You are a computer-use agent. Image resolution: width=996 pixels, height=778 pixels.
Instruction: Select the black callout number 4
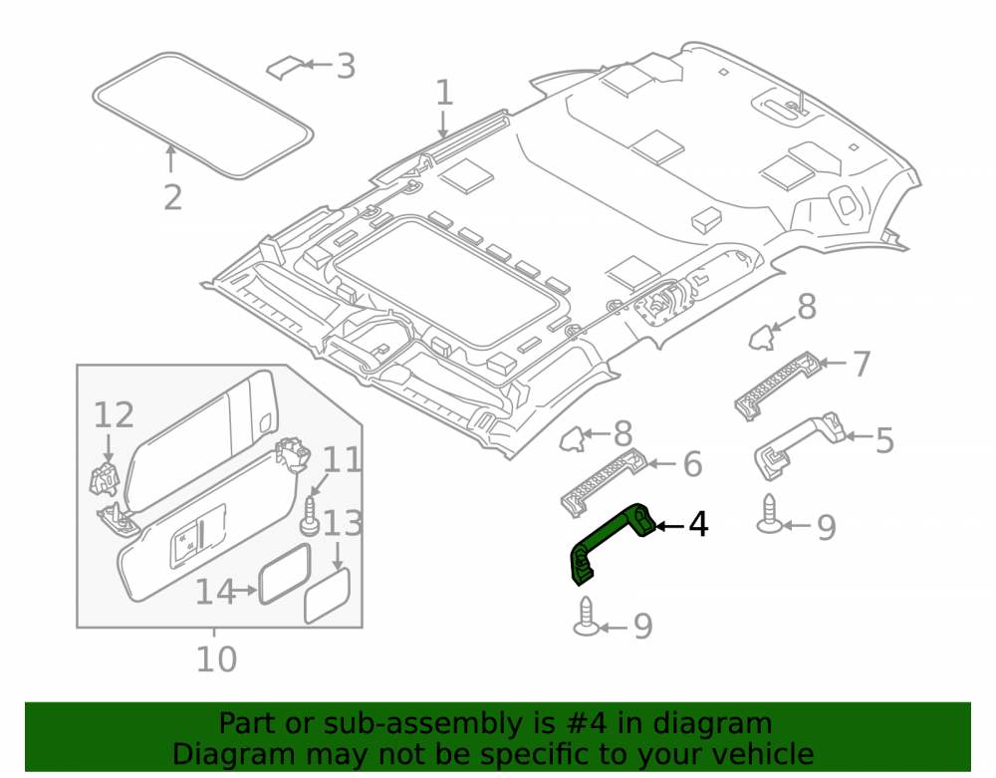point(698,525)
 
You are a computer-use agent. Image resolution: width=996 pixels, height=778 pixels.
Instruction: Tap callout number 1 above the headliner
point(444,93)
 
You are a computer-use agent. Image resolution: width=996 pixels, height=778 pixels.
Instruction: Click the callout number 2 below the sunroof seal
point(172,197)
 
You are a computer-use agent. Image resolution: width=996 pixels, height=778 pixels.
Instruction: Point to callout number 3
point(346,66)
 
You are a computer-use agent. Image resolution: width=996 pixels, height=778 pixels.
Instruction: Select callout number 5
point(884,440)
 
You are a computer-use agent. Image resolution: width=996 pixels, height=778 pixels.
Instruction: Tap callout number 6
point(692,464)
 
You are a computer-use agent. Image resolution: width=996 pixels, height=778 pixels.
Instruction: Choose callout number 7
point(862,364)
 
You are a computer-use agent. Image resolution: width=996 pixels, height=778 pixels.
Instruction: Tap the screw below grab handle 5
point(770,514)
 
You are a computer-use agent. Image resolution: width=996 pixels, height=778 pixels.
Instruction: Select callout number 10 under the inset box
point(216,659)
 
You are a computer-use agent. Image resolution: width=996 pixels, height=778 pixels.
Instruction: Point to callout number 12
point(114,415)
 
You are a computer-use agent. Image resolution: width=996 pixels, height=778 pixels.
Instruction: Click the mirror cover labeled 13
point(327,596)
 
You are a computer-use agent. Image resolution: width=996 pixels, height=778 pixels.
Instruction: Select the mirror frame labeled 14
point(285,575)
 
